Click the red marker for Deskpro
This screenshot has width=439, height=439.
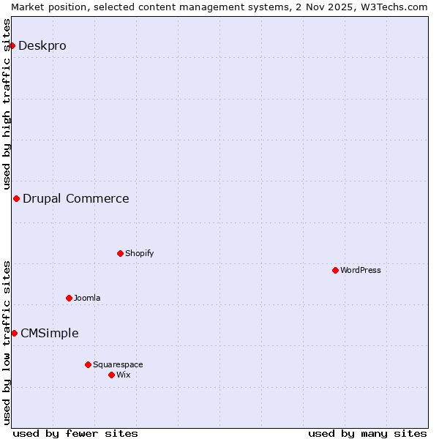tap(12, 45)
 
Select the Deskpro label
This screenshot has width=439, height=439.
tap(42, 45)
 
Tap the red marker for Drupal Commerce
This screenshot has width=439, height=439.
tap(16, 198)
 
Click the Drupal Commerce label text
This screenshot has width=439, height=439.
tap(76, 198)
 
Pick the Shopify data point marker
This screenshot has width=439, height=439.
tap(120, 253)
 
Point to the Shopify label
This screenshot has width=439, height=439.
tap(139, 253)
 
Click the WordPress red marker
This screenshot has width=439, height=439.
tap(335, 270)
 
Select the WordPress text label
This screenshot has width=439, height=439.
tap(360, 270)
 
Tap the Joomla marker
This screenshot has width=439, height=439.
tap(69, 298)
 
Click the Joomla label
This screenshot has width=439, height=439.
tap(87, 298)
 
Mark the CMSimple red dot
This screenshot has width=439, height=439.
tap(14, 333)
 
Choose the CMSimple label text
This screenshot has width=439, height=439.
tap(50, 333)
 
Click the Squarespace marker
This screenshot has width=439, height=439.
tap(88, 364)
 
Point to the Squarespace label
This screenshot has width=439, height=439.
tap(118, 364)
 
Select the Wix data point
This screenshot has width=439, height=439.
tap(111, 375)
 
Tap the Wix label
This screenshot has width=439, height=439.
tap(124, 375)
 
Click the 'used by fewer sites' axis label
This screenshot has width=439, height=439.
tap(75, 433)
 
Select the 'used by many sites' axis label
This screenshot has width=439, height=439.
tap(367, 433)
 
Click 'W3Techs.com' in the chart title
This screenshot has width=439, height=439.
tap(393, 7)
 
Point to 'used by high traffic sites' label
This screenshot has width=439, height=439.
tap(7, 102)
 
